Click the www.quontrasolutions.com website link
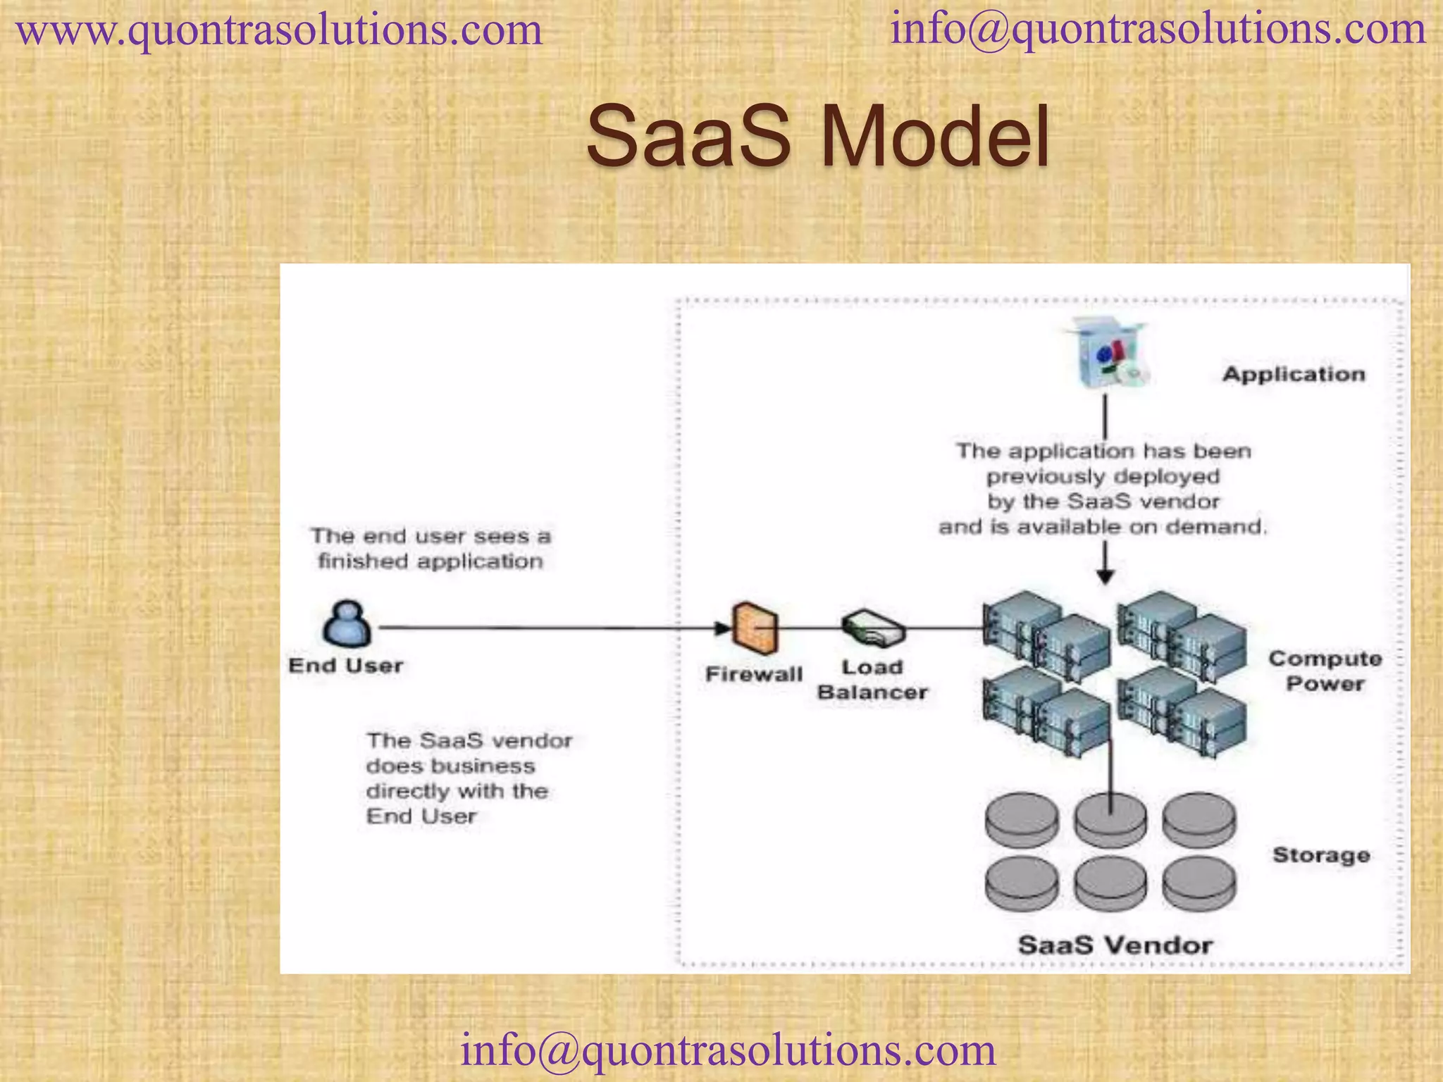(279, 31)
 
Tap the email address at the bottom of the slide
(728, 1050)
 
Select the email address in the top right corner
(1158, 30)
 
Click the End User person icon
(347, 623)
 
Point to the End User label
(345, 666)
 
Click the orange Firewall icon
(755, 628)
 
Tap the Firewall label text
(754, 674)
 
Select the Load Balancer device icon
(873, 628)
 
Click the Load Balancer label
(872, 680)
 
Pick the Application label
(1294, 374)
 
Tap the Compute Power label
(1325, 671)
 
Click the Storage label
(1321, 855)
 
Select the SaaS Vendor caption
(1115, 945)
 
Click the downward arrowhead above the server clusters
(1106, 577)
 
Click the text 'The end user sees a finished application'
(430, 549)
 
